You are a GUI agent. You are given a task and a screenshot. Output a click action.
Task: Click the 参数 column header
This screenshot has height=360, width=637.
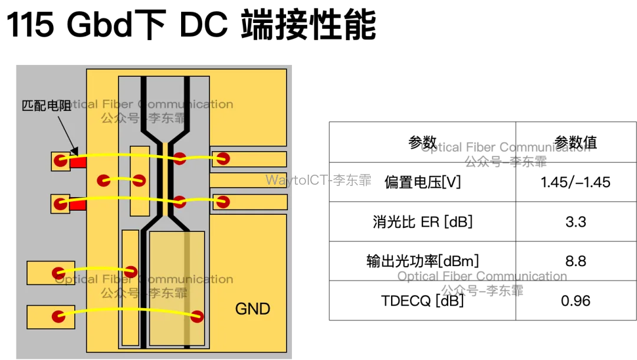tap(422, 143)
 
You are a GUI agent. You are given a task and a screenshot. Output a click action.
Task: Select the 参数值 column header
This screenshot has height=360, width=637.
tap(576, 143)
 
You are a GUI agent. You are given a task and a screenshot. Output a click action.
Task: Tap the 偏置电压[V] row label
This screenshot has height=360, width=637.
tap(422, 182)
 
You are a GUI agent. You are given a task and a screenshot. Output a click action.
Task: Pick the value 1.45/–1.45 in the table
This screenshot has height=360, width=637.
tap(575, 182)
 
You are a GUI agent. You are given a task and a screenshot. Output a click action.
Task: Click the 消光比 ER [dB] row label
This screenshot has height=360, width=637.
tap(422, 222)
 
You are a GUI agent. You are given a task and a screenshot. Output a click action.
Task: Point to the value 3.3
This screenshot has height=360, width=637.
tap(576, 222)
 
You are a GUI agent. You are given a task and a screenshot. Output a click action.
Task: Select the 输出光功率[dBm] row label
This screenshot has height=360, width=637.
tap(422, 261)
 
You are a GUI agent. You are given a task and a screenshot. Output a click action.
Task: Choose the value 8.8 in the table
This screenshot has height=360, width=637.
tap(576, 261)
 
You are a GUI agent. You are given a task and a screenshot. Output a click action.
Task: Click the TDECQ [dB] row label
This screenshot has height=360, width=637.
tap(422, 300)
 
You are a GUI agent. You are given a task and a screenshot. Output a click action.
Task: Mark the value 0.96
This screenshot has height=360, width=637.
tap(576, 300)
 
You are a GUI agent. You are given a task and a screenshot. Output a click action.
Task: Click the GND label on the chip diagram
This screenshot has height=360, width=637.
tap(252, 309)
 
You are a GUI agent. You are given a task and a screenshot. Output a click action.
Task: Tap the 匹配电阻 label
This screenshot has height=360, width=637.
tap(47, 106)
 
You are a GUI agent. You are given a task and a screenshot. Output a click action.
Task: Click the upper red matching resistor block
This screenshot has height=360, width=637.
tap(78, 162)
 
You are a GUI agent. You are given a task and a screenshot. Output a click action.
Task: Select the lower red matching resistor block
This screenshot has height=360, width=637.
tap(78, 205)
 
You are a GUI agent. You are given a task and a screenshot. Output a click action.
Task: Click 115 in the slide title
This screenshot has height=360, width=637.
tap(30, 24)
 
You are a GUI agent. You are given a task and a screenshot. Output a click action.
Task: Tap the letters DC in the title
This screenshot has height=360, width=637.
tap(203, 24)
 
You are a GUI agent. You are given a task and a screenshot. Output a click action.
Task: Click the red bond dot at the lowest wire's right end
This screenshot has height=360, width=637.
tap(197, 316)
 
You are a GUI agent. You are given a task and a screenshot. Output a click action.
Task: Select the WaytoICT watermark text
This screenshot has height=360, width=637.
tap(318, 180)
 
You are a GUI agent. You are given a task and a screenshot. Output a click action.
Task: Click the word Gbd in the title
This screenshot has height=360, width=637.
tap(100, 24)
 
